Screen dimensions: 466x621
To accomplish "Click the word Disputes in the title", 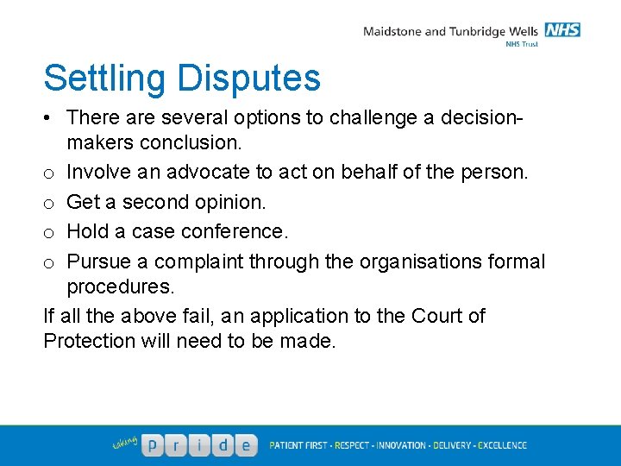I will tap(249, 79).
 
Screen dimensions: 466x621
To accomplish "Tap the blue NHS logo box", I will tap(563, 30).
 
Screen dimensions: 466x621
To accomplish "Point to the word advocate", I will tap(208, 173).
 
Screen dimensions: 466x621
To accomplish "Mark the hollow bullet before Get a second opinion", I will tap(49, 204).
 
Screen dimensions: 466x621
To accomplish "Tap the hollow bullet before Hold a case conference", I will tap(49, 233).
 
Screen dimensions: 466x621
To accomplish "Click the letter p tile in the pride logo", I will tap(153, 445).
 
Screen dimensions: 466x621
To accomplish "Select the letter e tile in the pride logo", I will tap(246, 445).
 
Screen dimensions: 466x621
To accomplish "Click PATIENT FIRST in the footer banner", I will tap(298, 445).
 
